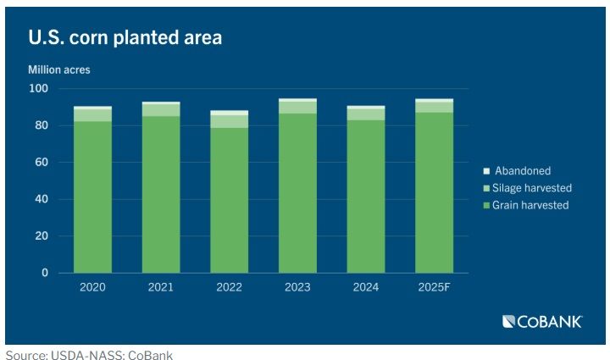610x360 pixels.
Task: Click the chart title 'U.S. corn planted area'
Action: [x=125, y=38]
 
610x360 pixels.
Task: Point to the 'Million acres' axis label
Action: [x=59, y=69]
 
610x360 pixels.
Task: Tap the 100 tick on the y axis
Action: [x=39, y=89]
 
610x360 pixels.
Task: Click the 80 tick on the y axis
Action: [x=42, y=126]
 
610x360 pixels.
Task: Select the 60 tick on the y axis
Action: [x=42, y=163]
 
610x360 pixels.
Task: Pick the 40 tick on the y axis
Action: [x=42, y=200]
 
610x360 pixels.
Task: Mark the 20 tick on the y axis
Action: [x=42, y=236]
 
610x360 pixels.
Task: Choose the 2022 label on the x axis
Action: [x=229, y=287]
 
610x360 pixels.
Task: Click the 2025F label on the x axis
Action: [x=434, y=287]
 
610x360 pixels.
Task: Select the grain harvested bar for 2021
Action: [x=160, y=195]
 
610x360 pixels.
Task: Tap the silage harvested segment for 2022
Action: [x=229, y=121]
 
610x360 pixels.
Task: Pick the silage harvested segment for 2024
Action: [x=365, y=114]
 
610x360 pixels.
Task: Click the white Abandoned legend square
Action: [x=486, y=171]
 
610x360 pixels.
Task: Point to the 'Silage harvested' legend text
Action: [x=533, y=188]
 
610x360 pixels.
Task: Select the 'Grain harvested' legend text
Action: [x=530, y=205]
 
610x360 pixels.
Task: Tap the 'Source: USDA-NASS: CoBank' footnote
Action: [x=89, y=355]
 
